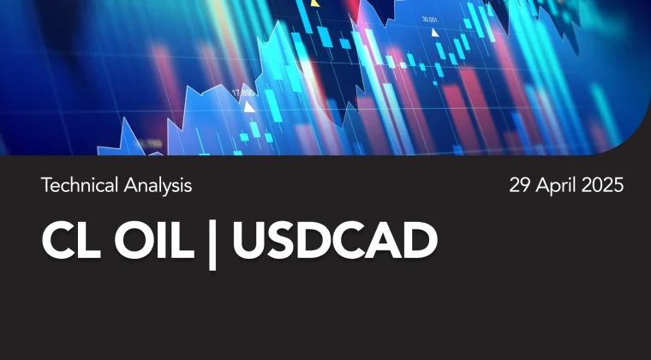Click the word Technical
80,185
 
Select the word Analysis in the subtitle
158,186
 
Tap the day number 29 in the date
520,185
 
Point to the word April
556,186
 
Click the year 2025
602,185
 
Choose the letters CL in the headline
71,241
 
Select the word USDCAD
335,241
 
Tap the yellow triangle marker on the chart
315,3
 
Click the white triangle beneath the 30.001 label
434,33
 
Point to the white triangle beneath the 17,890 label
249,107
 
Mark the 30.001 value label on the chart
430,19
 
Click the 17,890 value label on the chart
243,93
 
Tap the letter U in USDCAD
249,241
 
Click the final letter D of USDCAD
420,241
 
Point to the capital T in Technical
45,185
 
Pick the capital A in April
542,185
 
